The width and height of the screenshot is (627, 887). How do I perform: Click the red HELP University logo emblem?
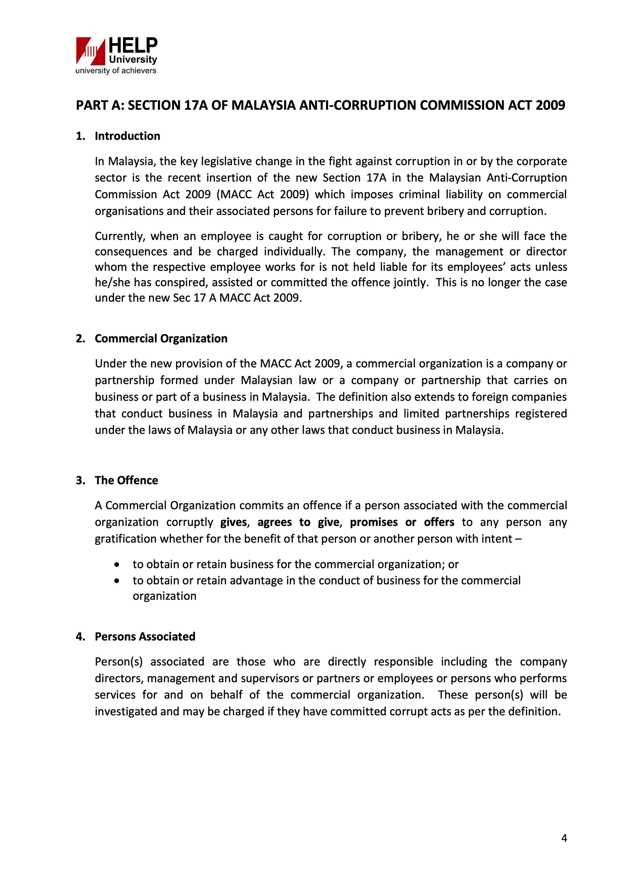coord(90,51)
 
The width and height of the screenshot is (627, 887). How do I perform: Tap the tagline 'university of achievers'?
coord(116,71)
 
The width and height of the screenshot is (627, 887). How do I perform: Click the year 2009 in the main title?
coord(550,105)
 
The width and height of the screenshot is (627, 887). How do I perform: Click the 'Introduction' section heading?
coord(127,136)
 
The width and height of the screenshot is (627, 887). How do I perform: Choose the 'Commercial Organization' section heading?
coord(161,338)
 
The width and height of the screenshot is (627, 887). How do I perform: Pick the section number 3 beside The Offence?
coord(80,481)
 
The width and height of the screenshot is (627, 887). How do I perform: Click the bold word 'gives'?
coord(234,522)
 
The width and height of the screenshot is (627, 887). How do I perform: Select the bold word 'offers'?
coord(439,522)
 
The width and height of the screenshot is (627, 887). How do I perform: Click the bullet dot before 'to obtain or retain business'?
coord(117,565)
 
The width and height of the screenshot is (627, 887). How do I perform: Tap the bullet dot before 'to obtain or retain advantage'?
coord(117,581)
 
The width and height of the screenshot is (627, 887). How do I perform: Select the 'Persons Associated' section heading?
coord(145,637)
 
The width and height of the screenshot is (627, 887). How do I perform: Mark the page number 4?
coord(564,838)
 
